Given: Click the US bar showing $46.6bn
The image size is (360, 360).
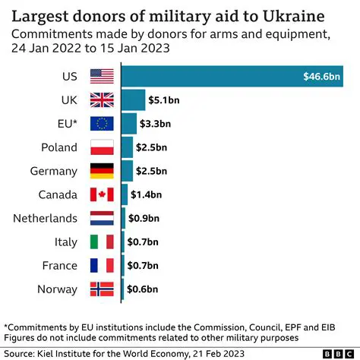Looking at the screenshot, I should click(235, 76).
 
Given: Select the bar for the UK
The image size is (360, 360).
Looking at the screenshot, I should click(134, 100).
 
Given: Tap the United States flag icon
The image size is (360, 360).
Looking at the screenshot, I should click(101, 76).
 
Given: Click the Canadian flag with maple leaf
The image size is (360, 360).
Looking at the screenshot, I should click(101, 194).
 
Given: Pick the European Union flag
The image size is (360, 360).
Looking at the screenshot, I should click(101, 124).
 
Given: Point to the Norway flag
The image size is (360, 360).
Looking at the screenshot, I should click(101, 289).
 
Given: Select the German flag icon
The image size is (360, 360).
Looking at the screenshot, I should click(101, 171).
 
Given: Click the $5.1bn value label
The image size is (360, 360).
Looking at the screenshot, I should click(165, 100).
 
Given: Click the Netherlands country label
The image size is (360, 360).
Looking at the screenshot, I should click(45, 218).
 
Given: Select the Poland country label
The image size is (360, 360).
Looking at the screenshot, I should click(58, 147).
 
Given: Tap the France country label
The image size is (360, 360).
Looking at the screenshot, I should click(59, 265).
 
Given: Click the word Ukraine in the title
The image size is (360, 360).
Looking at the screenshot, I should click(302, 16).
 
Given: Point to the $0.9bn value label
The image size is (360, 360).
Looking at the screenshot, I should click(144, 218).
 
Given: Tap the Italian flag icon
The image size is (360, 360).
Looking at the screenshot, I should click(101, 242).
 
